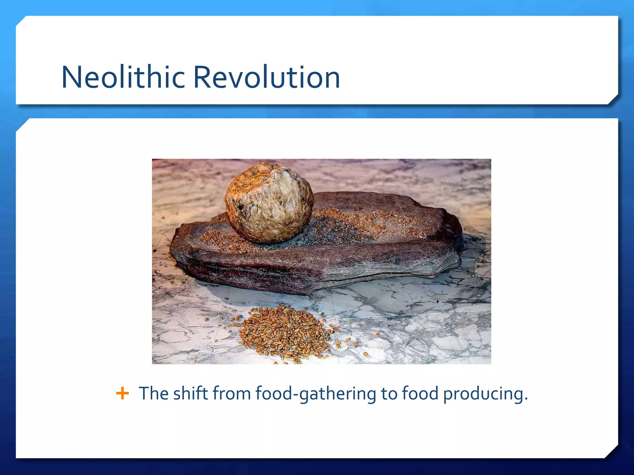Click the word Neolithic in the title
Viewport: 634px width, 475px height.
123,77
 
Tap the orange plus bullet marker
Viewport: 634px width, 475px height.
122,394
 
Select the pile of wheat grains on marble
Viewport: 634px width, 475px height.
283,332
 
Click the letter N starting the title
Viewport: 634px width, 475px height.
72,77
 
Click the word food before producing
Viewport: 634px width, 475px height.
420,394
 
